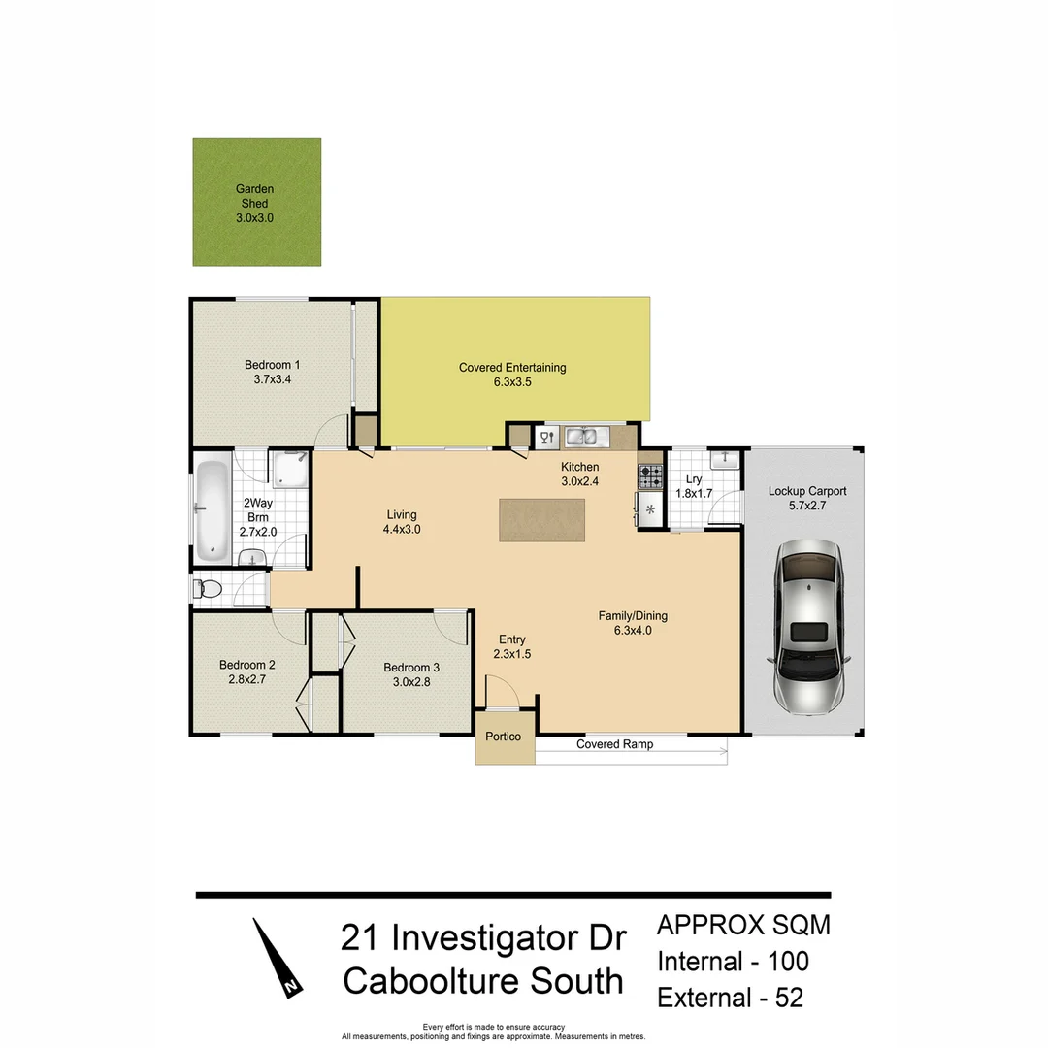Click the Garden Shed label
point(256,196)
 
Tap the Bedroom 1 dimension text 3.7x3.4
point(272,380)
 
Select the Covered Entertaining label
point(511,368)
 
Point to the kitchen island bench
point(543,519)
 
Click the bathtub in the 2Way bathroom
point(213,509)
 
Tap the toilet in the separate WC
point(208,589)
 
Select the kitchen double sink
point(585,437)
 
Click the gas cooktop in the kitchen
point(650,476)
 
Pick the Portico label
point(504,737)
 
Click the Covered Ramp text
point(614,744)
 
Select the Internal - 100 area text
point(733,961)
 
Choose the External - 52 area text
point(730,998)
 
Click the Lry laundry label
point(693,479)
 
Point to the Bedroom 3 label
point(411,668)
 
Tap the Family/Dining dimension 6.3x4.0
point(633,630)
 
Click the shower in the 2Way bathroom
point(290,470)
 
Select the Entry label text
point(512,639)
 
